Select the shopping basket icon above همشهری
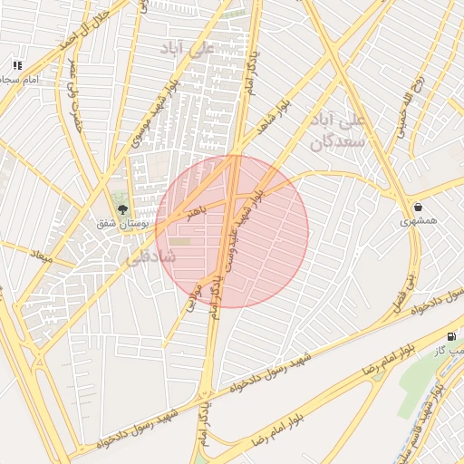tap(418, 206)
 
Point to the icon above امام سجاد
tap(16, 65)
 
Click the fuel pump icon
tap(452, 336)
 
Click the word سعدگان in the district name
tap(336, 142)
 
